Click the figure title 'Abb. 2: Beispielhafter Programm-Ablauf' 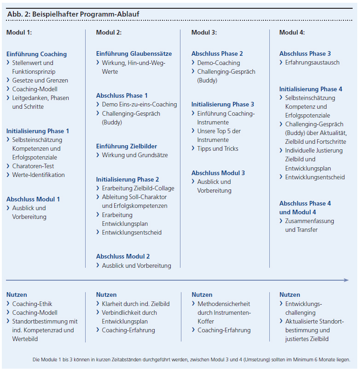[73, 14]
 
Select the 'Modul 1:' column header [19, 33]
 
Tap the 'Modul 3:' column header [204, 33]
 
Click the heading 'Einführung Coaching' [36, 54]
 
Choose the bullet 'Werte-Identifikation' [38, 175]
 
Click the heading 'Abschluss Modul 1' [33, 199]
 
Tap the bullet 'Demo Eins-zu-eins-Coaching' [139, 104]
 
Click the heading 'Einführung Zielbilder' [126, 146]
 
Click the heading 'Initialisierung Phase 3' [223, 104]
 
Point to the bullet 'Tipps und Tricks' [218, 148]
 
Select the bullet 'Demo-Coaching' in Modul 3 [219, 63]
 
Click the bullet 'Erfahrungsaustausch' [312, 62]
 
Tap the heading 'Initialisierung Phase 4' [311, 89]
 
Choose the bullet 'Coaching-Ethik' [32, 304]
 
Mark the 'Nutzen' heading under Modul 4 [290, 294]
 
